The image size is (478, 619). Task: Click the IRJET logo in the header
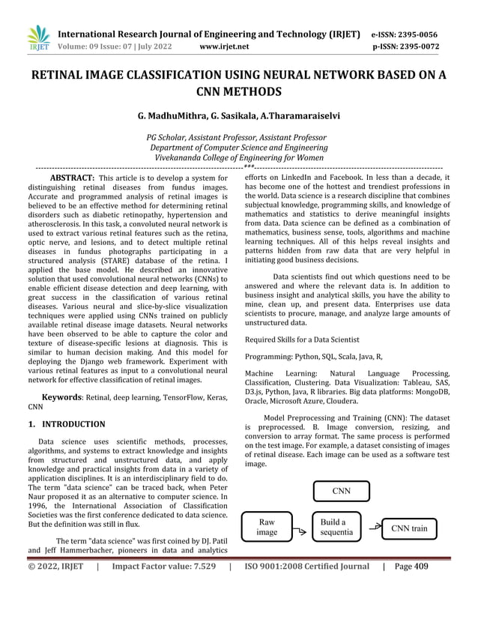coord(37,38)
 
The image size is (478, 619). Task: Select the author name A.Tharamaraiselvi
coord(300,117)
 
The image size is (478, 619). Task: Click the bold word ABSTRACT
coord(71,178)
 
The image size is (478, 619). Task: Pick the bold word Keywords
coord(62,397)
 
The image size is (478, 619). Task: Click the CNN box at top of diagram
coord(341,491)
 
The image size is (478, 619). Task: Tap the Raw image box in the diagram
coord(267,527)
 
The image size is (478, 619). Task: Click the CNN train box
coord(410,528)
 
